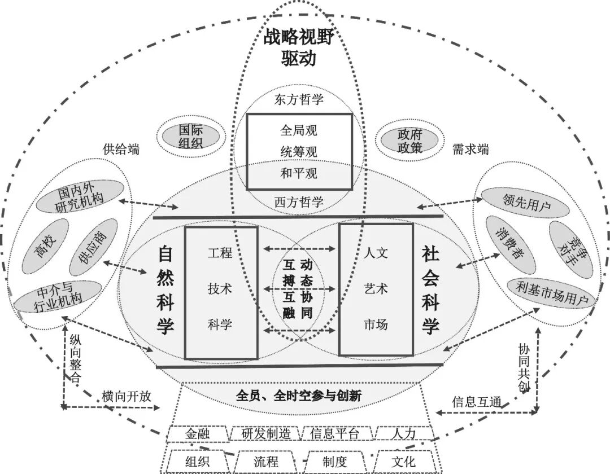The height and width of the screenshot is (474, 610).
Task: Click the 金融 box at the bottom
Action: pyautogui.click(x=198, y=433)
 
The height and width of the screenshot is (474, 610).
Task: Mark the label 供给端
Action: pyautogui.click(x=121, y=150)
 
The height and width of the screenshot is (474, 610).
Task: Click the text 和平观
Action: pyautogui.click(x=299, y=172)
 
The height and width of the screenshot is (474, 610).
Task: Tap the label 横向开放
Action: pyautogui.click(x=127, y=396)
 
